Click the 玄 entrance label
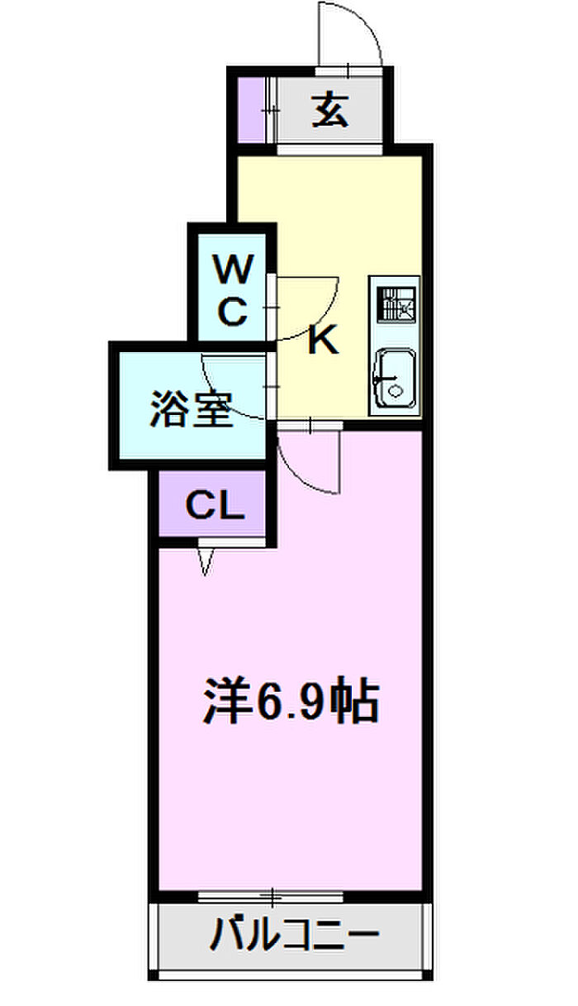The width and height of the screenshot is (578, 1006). pyautogui.click(x=329, y=110)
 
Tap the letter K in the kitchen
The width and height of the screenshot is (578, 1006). pyautogui.click(x=323, y=340)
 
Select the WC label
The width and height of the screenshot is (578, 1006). pyautogui.click(x=232, y=291)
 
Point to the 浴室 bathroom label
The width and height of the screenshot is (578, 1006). pyautogui.click(x=191, y=411)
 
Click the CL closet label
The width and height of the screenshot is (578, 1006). pyautogui.click(x=215, y=505)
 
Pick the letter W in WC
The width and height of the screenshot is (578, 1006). pyautogui.click(x=232, y=269)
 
